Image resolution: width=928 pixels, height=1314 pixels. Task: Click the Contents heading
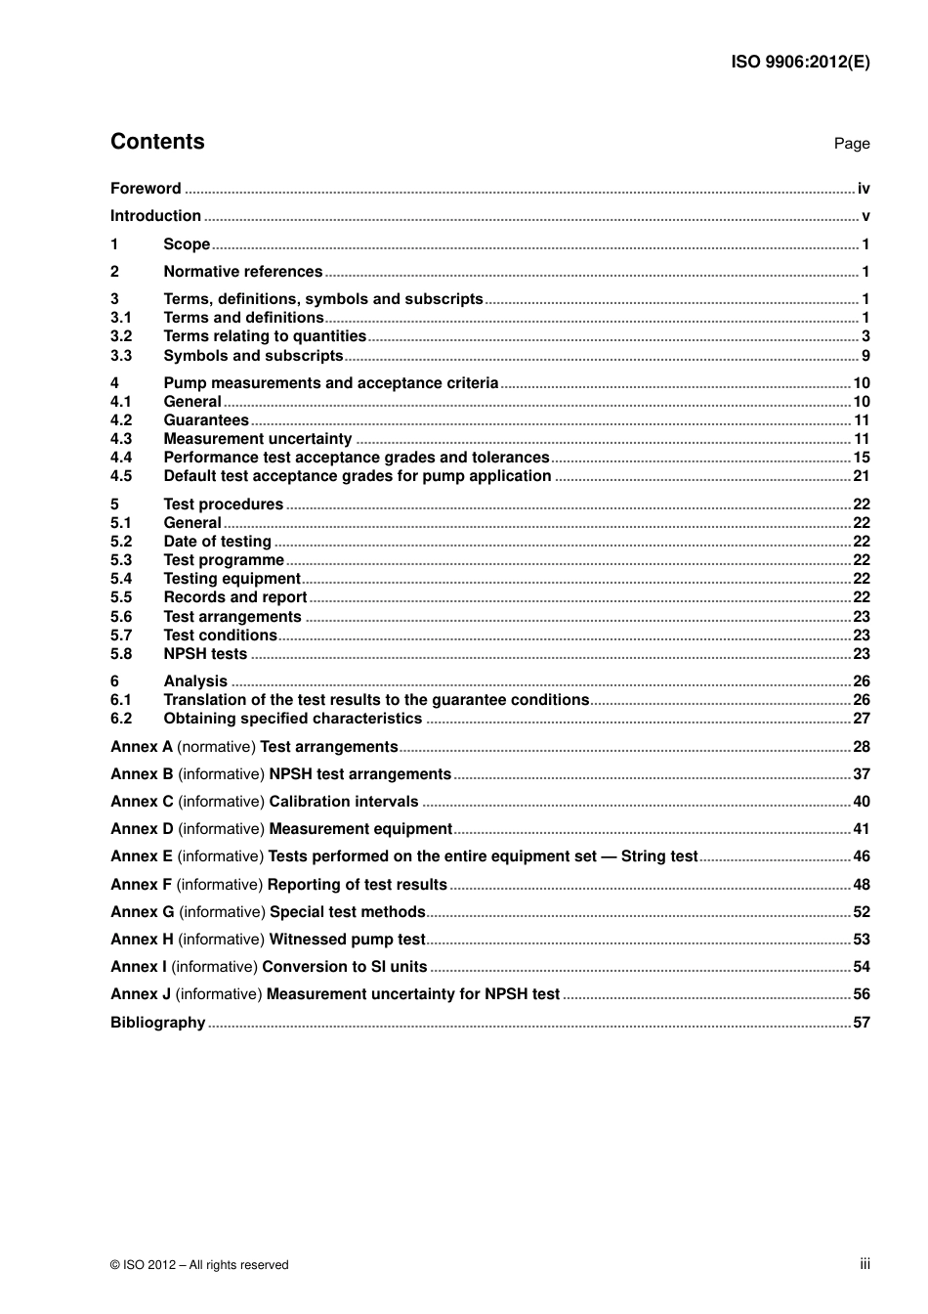157,142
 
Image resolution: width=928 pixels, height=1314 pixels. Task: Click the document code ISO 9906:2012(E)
800,62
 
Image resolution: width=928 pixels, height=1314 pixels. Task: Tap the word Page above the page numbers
851,144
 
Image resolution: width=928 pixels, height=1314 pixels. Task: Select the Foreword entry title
146,189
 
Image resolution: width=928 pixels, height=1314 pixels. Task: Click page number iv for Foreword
864,189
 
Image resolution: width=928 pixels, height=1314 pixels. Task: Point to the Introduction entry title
155,216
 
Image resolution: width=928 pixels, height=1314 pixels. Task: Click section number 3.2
121,336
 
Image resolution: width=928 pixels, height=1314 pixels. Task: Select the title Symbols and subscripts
253,356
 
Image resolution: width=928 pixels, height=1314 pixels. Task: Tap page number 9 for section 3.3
865,356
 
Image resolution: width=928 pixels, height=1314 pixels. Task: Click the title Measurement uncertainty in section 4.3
257,439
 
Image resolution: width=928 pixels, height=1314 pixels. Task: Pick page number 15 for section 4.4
862,458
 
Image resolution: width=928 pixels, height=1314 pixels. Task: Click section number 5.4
121,579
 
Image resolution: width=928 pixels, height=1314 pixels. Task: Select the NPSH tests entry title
205,654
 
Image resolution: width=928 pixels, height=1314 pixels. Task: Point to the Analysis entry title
195,681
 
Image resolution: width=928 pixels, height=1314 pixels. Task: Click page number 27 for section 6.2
862,719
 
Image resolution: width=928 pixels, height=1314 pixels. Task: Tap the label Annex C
142,802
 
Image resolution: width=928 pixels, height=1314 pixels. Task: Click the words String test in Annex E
659,856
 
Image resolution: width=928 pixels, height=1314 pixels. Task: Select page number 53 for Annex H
862,940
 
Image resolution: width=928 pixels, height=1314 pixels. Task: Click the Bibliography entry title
157,1023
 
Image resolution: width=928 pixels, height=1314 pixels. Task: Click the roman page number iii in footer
865,1264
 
